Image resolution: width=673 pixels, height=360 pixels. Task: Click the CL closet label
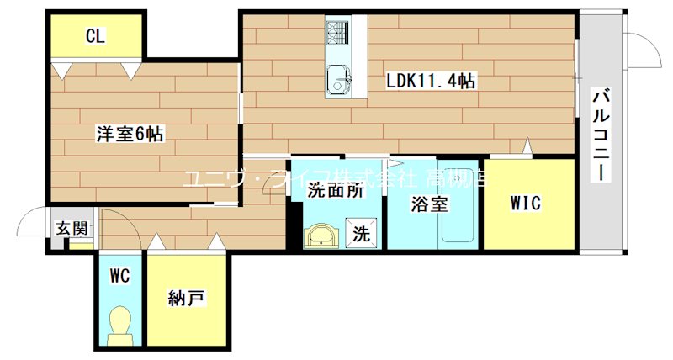click(94, 36)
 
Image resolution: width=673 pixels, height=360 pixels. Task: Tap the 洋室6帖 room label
click(130, 133)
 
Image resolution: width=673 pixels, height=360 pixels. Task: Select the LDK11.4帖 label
click(431, 82)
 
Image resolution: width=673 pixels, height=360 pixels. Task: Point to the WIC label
click(527, 203)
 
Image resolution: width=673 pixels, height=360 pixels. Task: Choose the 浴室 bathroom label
click(429, 203)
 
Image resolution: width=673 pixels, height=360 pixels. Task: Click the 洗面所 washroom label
click(335, 190)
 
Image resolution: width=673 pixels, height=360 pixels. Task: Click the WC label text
click(119, 275)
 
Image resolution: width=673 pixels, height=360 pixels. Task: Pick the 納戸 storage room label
click(184, 299)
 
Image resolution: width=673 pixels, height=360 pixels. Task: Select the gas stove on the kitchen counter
click(340, 34)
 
